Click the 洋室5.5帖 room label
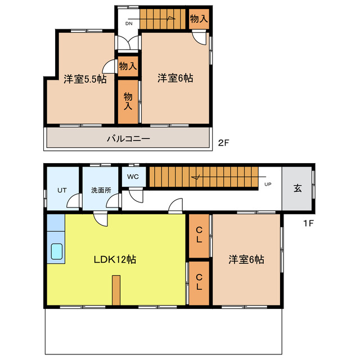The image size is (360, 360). pos(85,79)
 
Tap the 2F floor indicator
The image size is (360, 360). pos(223,142)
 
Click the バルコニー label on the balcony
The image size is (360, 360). pos(129,138)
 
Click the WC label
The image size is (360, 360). pos(133,177)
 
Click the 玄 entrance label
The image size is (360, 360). pos(297,188)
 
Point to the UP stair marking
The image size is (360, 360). pos(268,183)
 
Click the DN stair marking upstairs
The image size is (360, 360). pos(128,23)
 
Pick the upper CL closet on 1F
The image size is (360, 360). pos(199,235)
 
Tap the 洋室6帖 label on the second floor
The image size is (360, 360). pos(175,78)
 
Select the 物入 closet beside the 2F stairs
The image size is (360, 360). pos(199,19)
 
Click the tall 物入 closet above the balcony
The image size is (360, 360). pos(128,102)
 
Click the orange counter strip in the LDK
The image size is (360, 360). pos(116,290)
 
